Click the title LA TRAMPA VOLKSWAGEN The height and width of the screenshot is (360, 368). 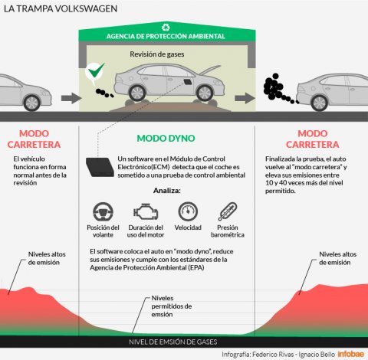(x=61, y=8)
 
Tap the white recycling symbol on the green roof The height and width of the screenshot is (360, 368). (x=166, y=27)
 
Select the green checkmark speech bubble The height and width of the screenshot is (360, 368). (x=95, y=72)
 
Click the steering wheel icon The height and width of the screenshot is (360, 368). (x=103, y=211)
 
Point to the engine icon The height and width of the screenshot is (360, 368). (x=146, y=211)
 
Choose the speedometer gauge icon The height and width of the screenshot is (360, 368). (x=188, y=211)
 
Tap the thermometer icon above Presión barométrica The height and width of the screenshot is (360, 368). (x=228, y=211)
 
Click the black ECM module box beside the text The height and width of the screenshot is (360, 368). (x=100, y=167)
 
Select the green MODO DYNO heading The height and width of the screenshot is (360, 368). (x=166, y=139)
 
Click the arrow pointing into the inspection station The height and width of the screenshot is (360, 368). (x=71, y=98)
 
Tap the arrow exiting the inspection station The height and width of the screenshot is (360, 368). (x=245, y=98)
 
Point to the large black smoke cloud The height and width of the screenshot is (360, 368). (x=273, y=87)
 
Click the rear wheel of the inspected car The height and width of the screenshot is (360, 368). (x=137, y=93)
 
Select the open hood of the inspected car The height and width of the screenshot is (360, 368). (x=209, y=70)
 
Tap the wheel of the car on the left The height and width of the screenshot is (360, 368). (x=31, y=103)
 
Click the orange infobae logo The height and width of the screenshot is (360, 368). (x=351, y=354)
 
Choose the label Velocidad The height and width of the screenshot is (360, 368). (x=188, y=227)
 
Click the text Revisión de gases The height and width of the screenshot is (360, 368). (x=157, y=54)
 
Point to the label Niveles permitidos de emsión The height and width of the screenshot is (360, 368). (x=172, y=306)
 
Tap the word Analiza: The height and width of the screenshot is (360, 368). (x=167, y=191)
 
